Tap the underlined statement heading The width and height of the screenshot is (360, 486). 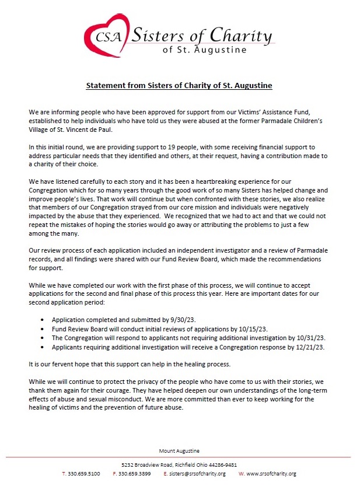click(179, 86)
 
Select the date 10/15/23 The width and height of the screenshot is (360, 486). click(252, 329)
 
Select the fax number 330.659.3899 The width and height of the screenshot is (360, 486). click(135, 474)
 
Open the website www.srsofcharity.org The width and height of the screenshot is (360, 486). click(271, 474)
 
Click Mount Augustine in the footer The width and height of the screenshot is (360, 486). click(179, 450)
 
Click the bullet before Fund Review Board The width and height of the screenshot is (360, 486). click(43, 329)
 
